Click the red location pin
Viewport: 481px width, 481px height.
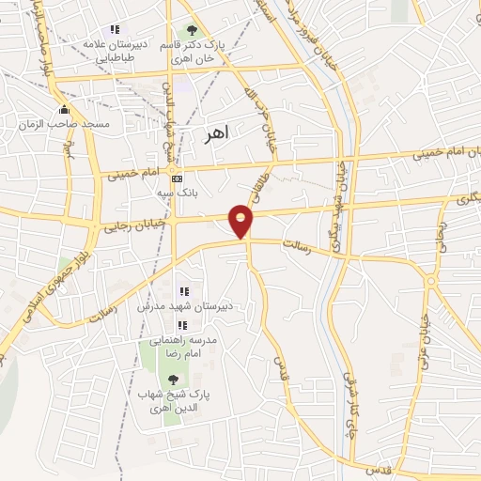pyautogui.click(x=241, y=221)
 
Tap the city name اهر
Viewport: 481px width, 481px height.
pyautogui.click(x=216, y=135)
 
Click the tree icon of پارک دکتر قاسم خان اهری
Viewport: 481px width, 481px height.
pyautogui.click(x=194, y=30)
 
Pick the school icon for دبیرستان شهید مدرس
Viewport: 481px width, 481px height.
pyautogui.click(x=185, y=291)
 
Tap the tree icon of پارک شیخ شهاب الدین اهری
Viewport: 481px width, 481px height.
pyautogui.click(x=173, y=379)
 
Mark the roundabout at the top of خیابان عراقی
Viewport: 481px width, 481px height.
pyautogui.click(x=430, y=280)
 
